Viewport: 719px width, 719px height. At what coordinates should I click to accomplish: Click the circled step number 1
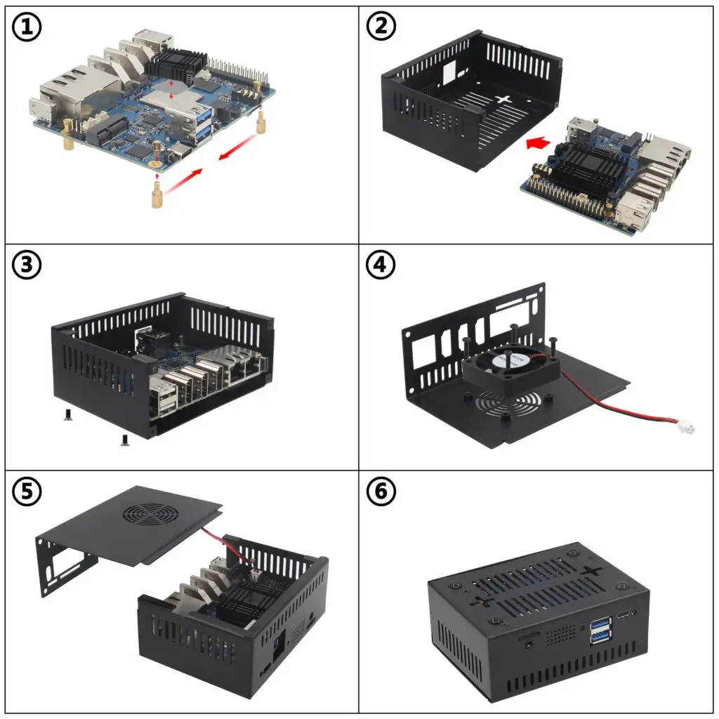tap(27, 27)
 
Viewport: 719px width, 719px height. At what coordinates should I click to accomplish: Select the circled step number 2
tap(381, 26)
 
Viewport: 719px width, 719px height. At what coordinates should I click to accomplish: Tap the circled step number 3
tap(27, 265)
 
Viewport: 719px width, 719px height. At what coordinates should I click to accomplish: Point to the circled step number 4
tap(381, 265)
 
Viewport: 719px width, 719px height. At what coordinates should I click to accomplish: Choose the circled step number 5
tap(27, 492)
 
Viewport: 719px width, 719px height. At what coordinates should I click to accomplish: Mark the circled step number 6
tap(381, 491)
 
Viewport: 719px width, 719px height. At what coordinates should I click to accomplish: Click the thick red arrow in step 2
tap(538, 143)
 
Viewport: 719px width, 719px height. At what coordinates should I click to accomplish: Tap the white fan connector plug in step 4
tap(687, 428)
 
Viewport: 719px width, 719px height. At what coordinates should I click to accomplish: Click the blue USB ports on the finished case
tap(600, 631)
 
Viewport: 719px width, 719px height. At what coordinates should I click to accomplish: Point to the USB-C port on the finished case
tap(624, 614)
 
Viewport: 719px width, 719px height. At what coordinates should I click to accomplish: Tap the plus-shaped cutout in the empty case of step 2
tap(503, 99)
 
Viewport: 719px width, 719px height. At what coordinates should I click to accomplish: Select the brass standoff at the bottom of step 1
tap(157, 194)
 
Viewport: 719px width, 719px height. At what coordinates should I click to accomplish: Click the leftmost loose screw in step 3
tap(68, 414)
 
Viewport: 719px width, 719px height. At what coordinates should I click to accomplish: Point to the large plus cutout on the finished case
tap(592, 572)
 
